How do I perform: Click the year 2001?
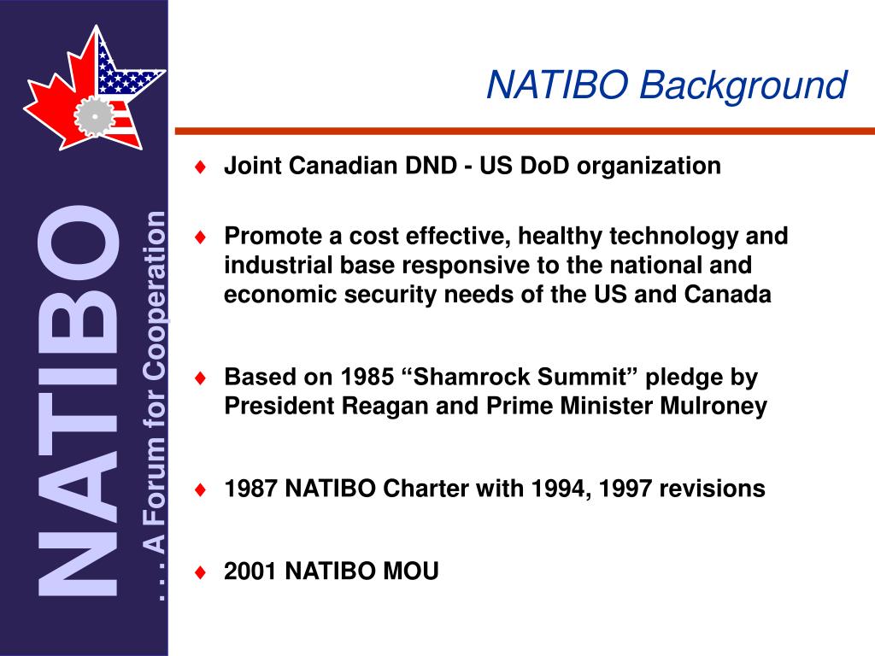(251, 571)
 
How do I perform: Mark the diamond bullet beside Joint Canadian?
(200, 166)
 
